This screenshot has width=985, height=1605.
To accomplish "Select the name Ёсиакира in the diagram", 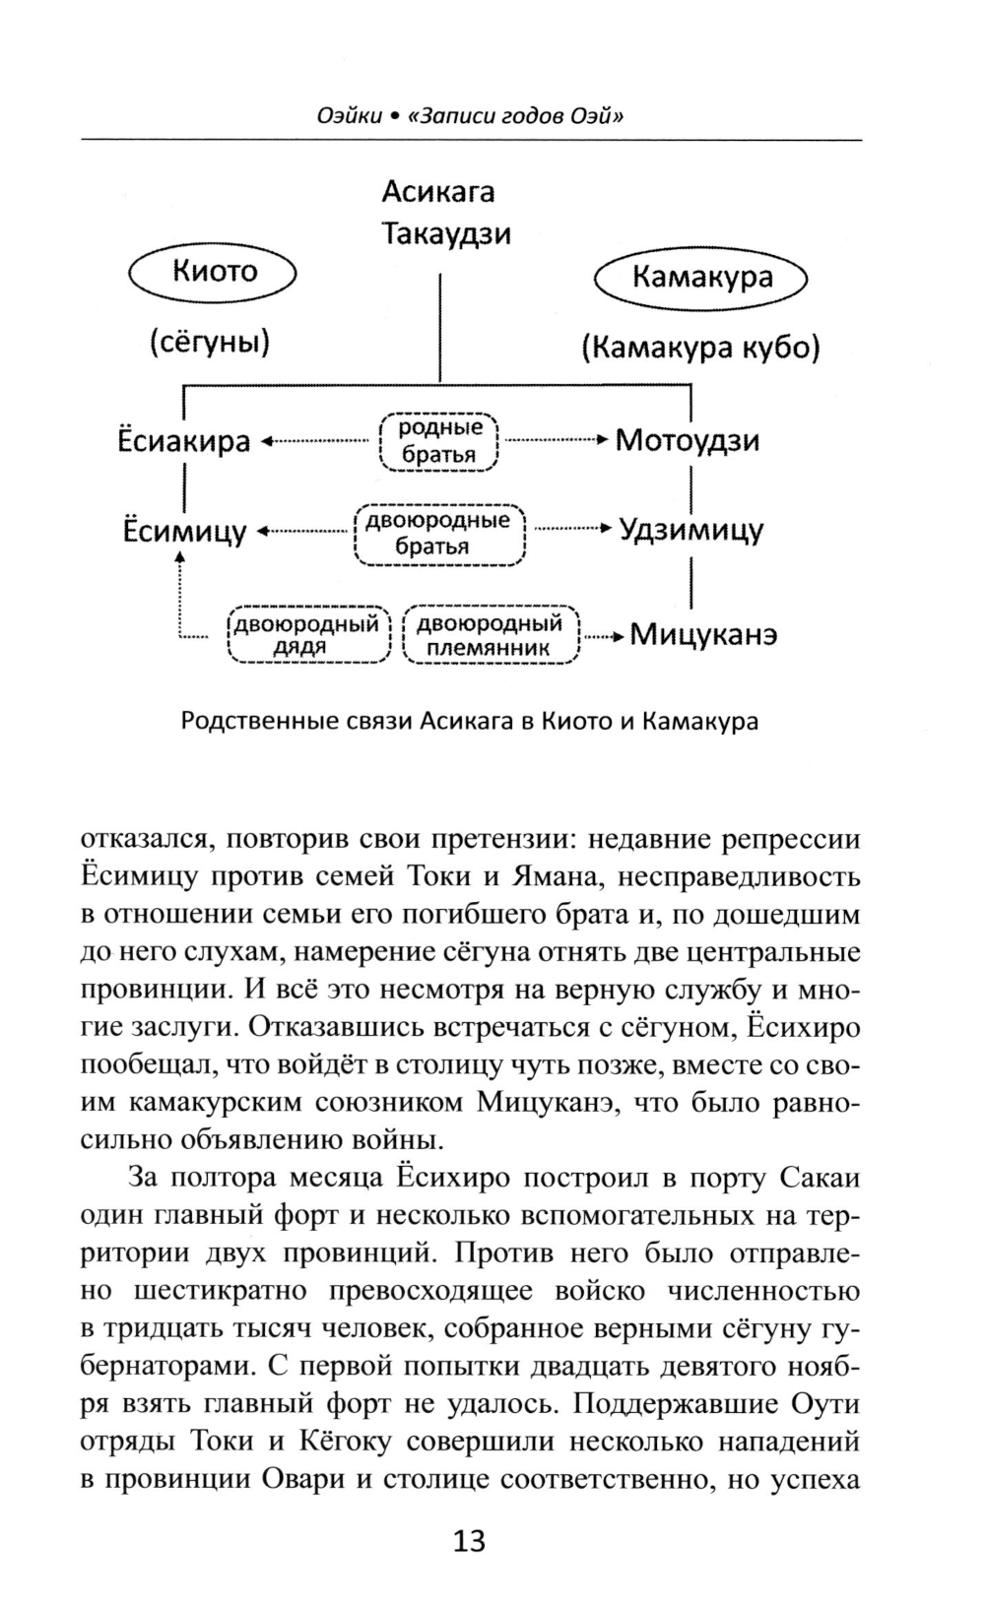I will [x=184, y=441].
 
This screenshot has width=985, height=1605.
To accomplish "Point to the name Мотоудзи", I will [x=688, y=440].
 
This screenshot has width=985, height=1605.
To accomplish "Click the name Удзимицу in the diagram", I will [x=690, y=531].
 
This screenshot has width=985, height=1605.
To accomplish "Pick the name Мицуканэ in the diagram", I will [x=703, y=634].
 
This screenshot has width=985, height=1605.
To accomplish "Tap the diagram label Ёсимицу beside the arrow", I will [x=184, y=532].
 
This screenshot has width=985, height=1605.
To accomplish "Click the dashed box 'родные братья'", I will [x=439, y=440].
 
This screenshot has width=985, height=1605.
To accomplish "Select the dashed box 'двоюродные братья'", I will [x=438, y=533].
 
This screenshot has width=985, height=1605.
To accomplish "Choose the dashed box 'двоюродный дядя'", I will [x=308, y=635].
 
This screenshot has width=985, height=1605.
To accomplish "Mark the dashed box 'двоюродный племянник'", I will [x=490, y=635].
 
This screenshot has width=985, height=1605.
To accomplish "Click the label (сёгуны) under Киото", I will [x=210, y=343].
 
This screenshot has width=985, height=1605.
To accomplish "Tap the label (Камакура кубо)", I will [x=699, y=348].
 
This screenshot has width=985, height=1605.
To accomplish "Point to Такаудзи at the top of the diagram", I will [x=445, y=234].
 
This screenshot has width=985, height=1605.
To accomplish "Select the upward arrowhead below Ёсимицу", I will [x=180, y=558].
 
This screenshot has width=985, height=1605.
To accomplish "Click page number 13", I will [x=469, y=1540].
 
